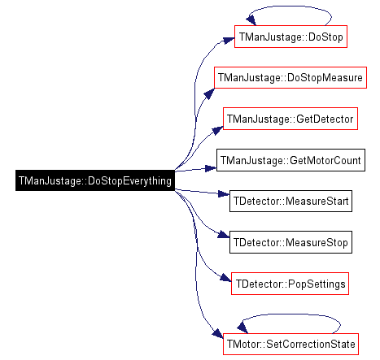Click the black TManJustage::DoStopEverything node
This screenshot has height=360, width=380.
click(95, 180)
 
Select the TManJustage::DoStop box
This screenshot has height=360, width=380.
click(290, 37)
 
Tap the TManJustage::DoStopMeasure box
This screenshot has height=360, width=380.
click(290, 77)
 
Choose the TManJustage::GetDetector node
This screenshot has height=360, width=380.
click(290, 119)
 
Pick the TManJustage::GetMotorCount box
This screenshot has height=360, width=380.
click(290, 160)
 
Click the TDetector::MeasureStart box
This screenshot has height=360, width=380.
click(290, 201)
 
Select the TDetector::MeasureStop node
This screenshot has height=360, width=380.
click(290, 242)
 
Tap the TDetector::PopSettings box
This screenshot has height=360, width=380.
click(290, 284)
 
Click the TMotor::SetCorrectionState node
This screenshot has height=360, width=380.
click(290, 344)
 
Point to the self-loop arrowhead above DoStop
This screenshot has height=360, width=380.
click(251, 20)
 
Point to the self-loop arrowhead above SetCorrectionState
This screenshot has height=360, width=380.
click(242, 327)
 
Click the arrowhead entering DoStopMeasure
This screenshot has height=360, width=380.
click(209, 93)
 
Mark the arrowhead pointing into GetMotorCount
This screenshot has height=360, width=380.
click(211, 168)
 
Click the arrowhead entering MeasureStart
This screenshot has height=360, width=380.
click(224, 193)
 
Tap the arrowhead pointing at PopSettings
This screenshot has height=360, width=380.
click(225, 278)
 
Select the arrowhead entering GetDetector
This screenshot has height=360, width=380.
click(217, 130)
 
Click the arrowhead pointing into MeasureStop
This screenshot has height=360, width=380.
click(224, 235)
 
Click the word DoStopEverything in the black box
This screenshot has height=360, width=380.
click(129, 180)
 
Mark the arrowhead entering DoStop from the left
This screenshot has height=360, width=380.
click(229, 41)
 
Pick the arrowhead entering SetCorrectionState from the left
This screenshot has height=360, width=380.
click(218, 333)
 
